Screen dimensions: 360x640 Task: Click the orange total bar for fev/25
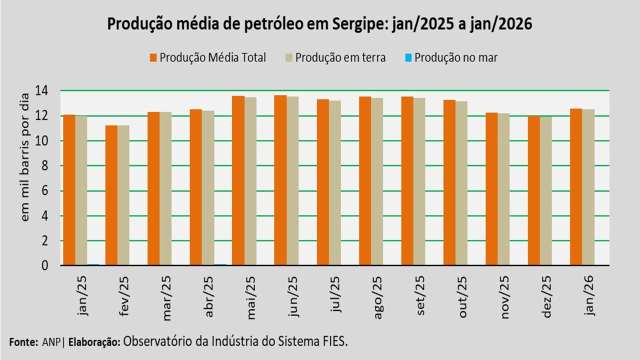point(111,195)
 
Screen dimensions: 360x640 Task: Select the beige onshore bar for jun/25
point(292,180)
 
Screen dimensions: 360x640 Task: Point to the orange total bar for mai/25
point(238,180)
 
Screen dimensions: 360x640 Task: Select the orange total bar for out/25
point(449,182)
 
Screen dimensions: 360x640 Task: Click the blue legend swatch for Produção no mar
point(407,57)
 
